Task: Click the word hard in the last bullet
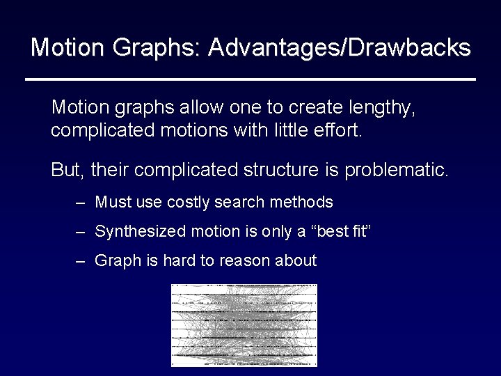180,261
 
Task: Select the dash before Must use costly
82,203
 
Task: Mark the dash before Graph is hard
82,261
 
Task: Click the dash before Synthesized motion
82,231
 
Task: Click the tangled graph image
244,324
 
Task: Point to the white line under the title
250,79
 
